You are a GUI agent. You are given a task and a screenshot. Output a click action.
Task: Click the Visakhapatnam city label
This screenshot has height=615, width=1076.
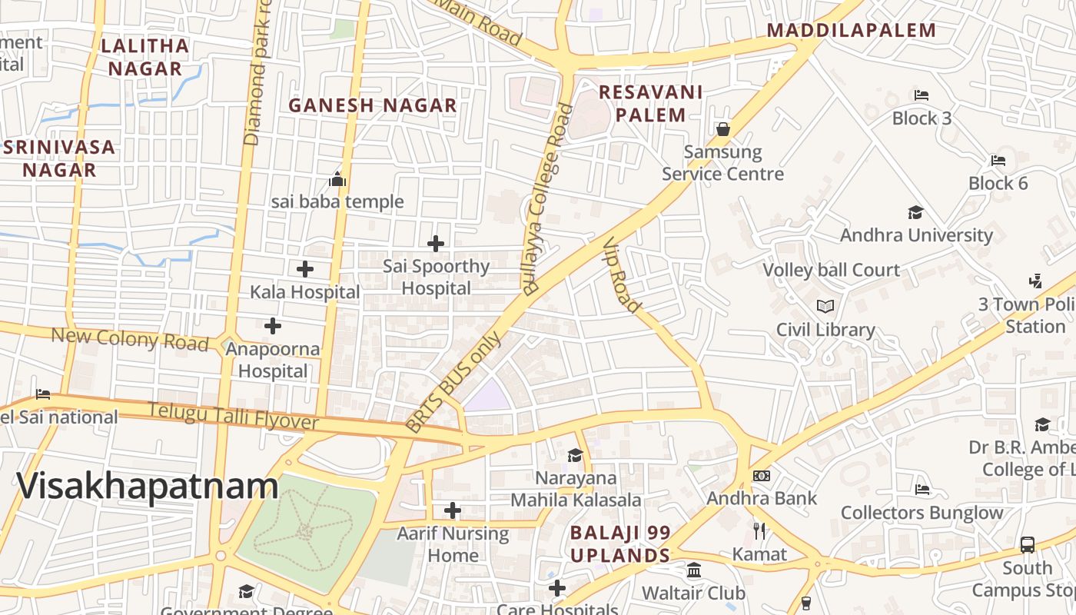pyautogui.click(x=147, y=487)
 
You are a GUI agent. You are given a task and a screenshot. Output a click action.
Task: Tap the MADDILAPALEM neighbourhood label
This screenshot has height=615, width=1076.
pyautogui.click(x=852, y=30)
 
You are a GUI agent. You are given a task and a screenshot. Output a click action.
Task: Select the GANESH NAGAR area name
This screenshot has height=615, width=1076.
pyautogui.click(x=373, y=105)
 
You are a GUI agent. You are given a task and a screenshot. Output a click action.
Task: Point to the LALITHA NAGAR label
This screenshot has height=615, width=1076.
pyautogui.click(x=145, y=57)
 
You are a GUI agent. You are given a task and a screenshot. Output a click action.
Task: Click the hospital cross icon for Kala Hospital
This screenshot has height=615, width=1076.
pyautogui.click(x=305, y=269)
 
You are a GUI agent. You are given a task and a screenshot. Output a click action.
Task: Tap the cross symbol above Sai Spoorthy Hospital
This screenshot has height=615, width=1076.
pyautogui.click(x=436, y=244)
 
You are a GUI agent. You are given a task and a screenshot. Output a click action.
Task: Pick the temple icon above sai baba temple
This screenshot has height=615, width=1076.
pyautogui.click(x=337, y=180)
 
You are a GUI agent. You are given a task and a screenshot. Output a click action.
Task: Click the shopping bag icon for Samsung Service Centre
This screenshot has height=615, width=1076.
pyautogui.click(x=722, y=129)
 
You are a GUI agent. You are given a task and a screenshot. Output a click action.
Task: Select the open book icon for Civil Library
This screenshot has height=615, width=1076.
pyautogui.click(x=825, y=307)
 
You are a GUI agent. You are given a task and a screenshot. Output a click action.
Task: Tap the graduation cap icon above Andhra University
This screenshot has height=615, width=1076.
pyautogui.click(x=915, y=212)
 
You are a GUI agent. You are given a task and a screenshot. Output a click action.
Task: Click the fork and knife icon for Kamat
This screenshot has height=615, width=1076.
pyautogui.click(x=759, y=530)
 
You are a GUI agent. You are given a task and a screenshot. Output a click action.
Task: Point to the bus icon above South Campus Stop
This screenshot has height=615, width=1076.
pyautogui.click(x=1028, y=545)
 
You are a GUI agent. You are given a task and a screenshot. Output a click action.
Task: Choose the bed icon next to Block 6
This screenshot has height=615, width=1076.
pyautogui.click(x=998, y=160)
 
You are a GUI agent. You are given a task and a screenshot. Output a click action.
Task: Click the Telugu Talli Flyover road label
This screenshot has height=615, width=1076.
pyautogui.click(x=233, y=416)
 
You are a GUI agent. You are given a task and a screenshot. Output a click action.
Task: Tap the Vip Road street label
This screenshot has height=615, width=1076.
pyautogui.click(x=622, y=274)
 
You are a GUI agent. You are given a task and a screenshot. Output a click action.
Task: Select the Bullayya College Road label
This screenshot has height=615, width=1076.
pyautogui.click(x=547, y=200)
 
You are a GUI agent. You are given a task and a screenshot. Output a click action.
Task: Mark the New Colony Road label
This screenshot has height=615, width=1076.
pyautogui.click(x=130, y=338)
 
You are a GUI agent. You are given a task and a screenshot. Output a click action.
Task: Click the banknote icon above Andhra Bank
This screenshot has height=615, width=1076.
pyautogui.click(x=762, y=476)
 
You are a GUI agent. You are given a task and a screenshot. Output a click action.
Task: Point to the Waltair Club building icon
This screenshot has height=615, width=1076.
pyautogui.click(x=694, y=570)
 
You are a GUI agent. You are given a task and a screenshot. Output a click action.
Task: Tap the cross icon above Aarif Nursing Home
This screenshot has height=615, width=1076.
pyautogui.click(x=453, y=510)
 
